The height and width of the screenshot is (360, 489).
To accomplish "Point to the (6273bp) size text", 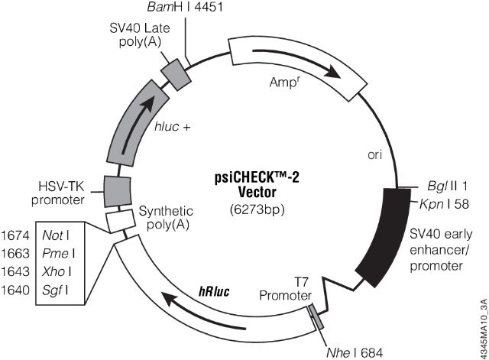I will coord(251,208).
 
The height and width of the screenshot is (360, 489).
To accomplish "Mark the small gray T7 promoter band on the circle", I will coord(316,313).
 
